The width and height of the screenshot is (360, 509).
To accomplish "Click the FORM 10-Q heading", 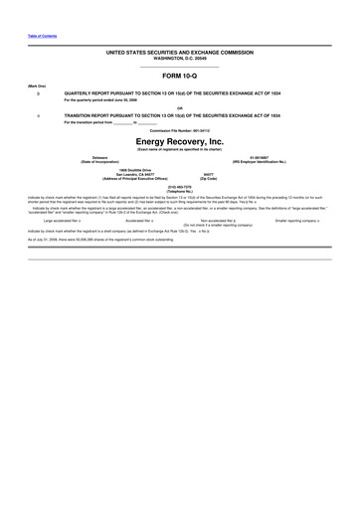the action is (180, 75).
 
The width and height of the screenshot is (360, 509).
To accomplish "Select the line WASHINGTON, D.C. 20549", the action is (180, 56).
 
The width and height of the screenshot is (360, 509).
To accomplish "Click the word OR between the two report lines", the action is (180, 107).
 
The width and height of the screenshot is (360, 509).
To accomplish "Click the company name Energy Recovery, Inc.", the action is (180, 142).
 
